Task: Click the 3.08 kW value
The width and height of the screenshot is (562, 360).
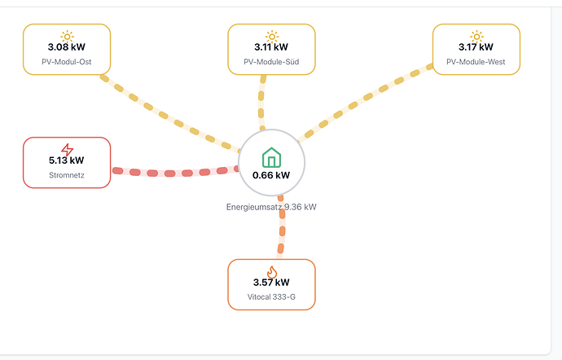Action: coord(67,47)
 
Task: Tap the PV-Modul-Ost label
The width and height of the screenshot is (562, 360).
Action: coord(67,62)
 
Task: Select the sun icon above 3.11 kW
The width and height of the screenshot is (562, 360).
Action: coord(272,37)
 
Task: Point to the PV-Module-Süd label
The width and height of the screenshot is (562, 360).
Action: coord(271,62)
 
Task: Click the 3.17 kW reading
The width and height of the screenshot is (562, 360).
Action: coord(476,47)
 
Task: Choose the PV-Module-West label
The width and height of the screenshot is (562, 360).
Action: coord(476,62)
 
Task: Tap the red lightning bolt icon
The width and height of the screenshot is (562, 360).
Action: coord(67,150)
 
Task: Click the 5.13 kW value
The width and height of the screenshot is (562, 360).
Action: coord(67,160)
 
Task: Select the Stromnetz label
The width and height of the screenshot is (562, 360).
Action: coord(67,175)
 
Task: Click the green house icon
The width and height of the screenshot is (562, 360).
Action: coord(271,157)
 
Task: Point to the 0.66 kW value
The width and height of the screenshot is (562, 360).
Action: coord(271,175)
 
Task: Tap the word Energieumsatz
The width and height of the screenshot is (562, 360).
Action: coord(254,207)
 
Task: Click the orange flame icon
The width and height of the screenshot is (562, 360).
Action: coord(272,272)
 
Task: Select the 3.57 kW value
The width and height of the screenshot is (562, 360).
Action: coord(271,282)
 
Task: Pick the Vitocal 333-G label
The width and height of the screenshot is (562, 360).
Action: coord(271,297)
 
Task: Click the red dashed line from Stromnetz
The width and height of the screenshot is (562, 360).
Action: coord(175,173)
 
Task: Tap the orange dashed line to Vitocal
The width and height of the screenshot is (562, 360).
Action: coord(282,226)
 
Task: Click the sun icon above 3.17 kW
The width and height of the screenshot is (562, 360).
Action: coord(476,37)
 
